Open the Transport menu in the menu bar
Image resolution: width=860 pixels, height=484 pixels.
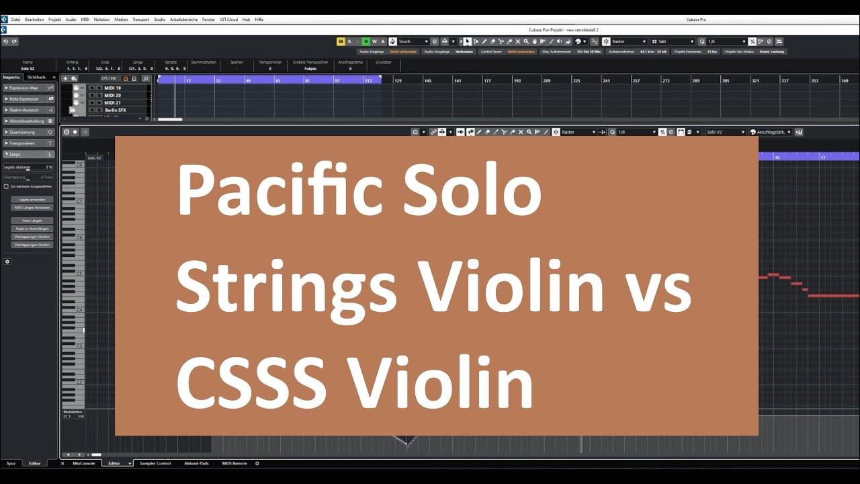pyautogui.click(x=140, y=19)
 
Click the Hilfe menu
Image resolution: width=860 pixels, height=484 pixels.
pyautogui.click(x=259, y=19)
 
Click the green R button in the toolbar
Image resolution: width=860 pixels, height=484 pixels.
pyautogui.click(x=366, y=42)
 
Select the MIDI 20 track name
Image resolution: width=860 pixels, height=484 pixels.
pyautogui.click(x=113, y=95)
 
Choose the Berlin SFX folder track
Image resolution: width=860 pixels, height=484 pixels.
pyautogui.click(x=116, y=110)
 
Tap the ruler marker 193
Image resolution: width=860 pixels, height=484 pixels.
pyautogui.click(x=517, y=81)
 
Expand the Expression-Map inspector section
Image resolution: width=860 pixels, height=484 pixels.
pyautogui.click(x=24, y=88)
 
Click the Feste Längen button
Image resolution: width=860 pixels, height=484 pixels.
pyautogui.click(x=32, y=220)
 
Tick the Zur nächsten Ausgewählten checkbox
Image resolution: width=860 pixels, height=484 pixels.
pyautogui.click(x=7, y=186)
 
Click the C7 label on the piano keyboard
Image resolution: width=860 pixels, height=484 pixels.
pyautogui.click(x=79, y=201)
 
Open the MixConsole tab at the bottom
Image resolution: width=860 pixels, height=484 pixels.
pyautogui.click(x=85, y=463)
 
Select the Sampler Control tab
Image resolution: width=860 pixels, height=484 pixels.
pyautogui.click(x=155, y=463)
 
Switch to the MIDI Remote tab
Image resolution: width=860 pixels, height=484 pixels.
pyautogui.click(x=234, y=463)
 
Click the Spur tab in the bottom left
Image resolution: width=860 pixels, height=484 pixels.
pyautogui.click(x=11, y=463)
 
